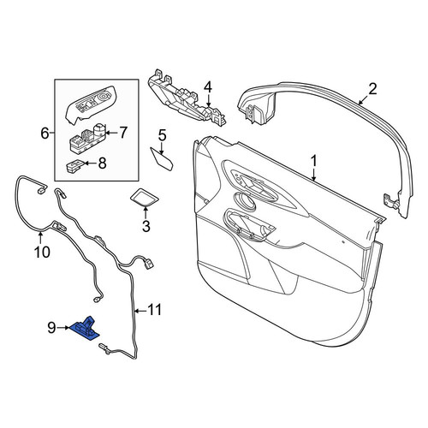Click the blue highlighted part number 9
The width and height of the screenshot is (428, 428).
point(85,329)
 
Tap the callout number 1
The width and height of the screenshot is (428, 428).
point(314,161)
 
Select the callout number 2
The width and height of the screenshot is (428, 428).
point(372,89)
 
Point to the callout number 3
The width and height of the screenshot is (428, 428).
point(146,226)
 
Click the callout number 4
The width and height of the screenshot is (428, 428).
point(208,87)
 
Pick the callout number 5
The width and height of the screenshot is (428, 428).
point(162,135)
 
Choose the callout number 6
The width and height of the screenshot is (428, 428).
point(45,134)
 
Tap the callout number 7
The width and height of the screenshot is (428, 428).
point(123,133)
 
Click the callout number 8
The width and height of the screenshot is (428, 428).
point(102,163)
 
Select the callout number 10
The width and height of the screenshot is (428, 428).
point(42,252)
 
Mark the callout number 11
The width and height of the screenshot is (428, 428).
point(154,310)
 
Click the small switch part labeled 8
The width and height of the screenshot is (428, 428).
point(75,166)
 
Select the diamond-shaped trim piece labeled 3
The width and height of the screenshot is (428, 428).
point(145,197)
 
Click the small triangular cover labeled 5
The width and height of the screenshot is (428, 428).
point(162,158)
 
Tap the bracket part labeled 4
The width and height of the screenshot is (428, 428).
point(187,98)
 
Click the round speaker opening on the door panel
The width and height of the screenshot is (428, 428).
point(244,201)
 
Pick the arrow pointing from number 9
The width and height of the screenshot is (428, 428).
point(63,328)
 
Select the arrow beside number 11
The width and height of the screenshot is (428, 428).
point(140,311)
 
